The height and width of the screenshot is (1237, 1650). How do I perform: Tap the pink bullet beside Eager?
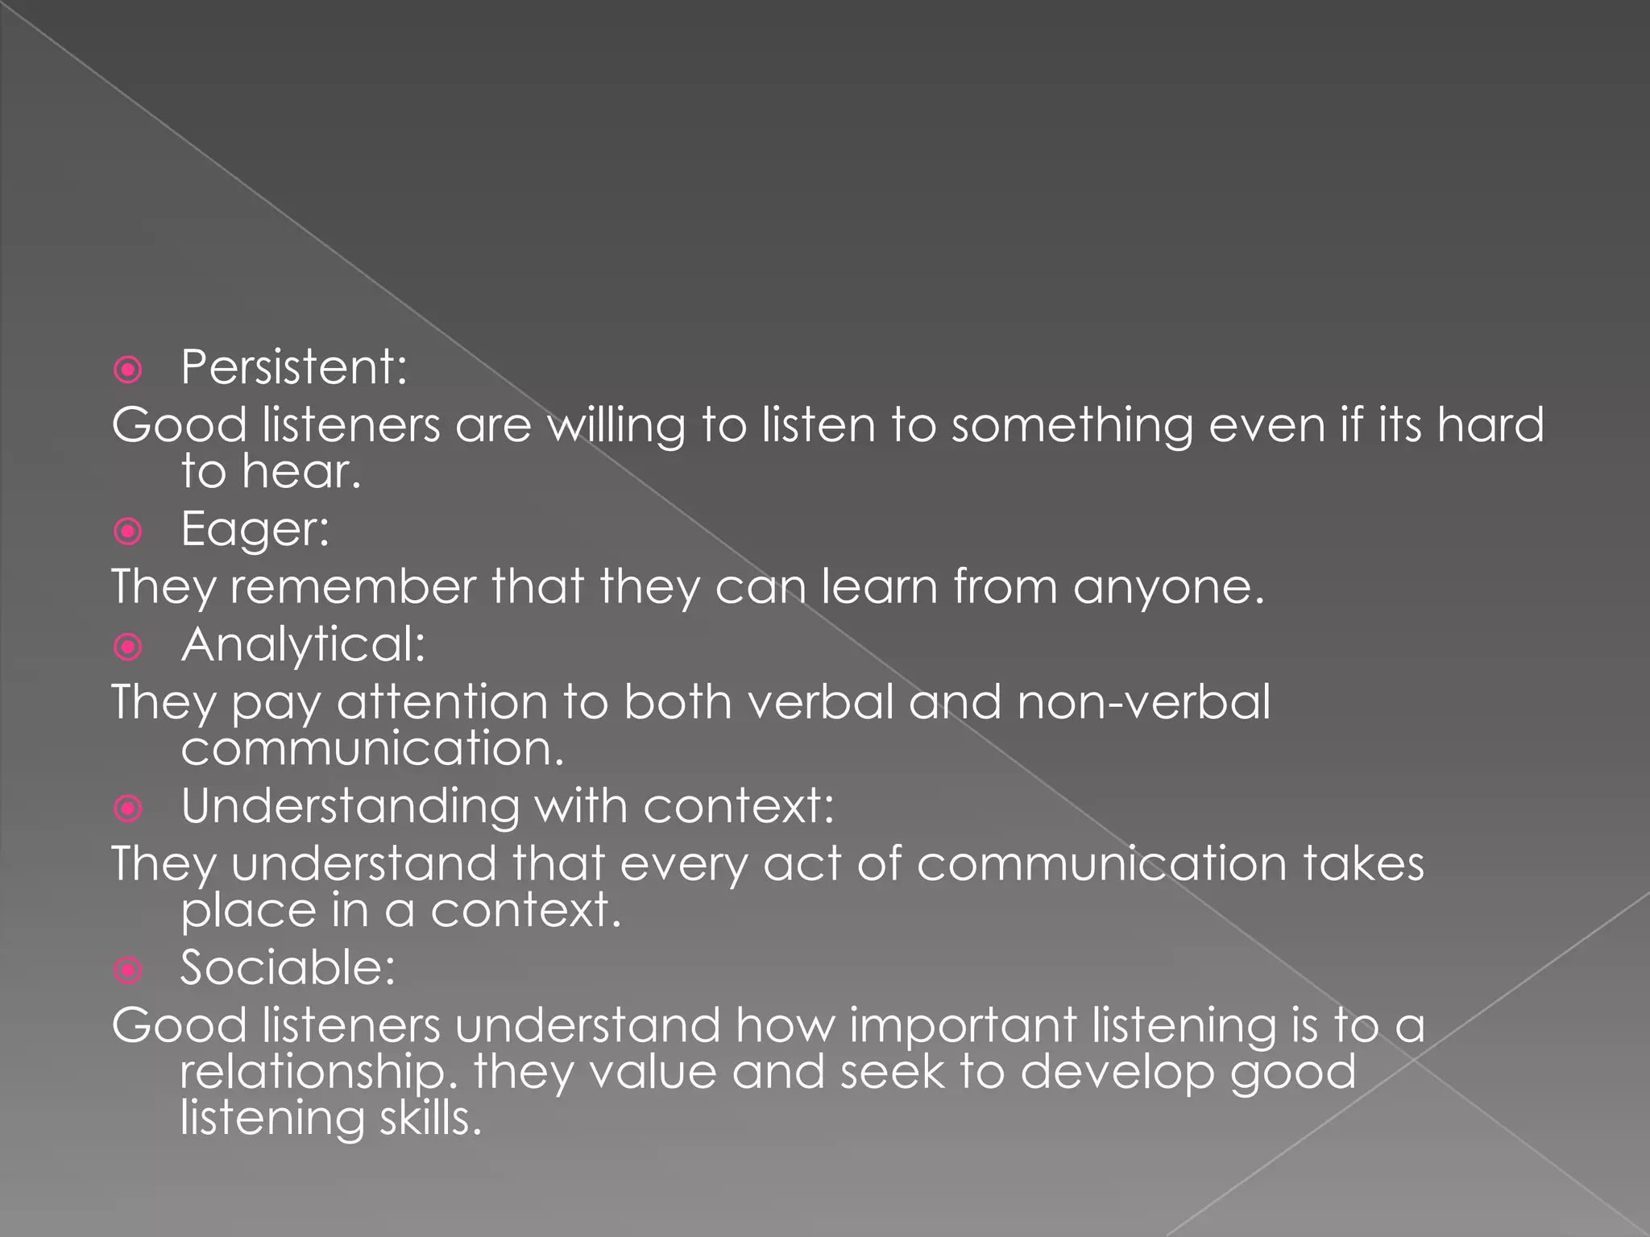click(128, 532)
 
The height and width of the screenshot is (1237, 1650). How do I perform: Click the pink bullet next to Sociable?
click(128, 970)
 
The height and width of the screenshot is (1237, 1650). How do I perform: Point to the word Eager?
click(255, 529)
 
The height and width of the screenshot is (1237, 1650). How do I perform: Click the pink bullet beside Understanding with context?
click(128, 808)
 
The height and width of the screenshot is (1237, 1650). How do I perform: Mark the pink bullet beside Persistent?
click(128, 370)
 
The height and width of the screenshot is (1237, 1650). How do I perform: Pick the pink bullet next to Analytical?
click(128, 647)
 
